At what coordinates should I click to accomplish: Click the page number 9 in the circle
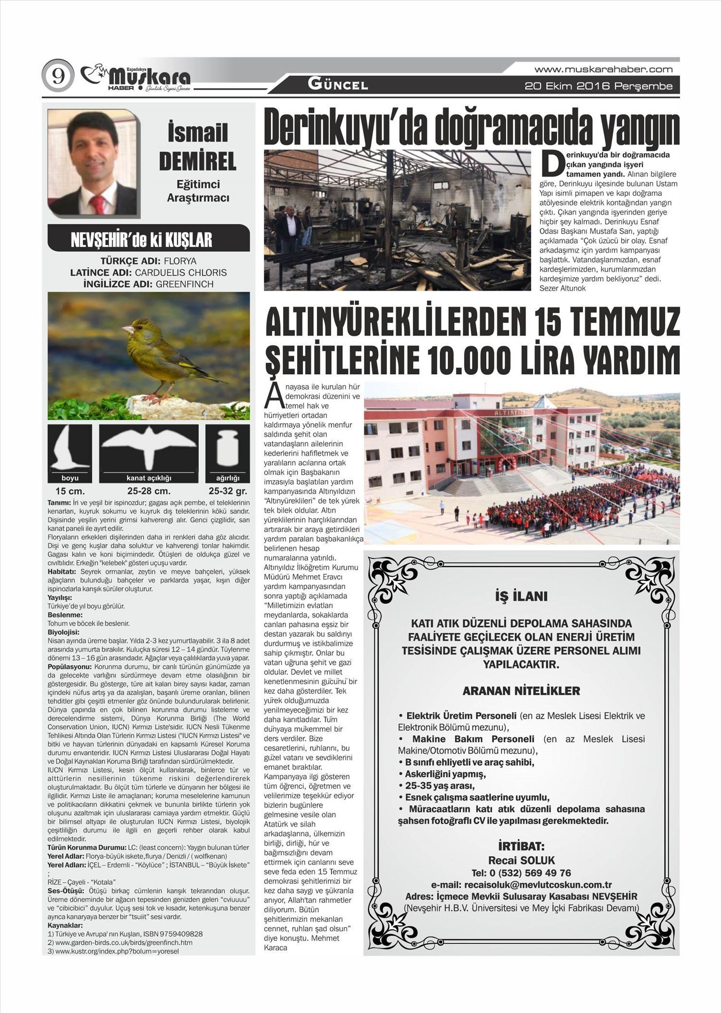pyautogui.click(x=58, y=76)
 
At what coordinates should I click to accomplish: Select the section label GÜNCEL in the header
pyautogui.click(x=338, y=85)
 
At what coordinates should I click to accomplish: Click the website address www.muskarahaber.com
pyautogui.click(x=603, y=69)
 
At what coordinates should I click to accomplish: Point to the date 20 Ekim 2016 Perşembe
pyautogui.click(x=598, y=86)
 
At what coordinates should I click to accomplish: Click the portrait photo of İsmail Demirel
pyautogui.click(x=93, y=162)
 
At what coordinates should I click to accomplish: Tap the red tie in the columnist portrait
pyautogui.click(x=98, y=204)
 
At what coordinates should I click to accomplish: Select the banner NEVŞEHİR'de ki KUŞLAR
pyautogui.click(x=148, y=239)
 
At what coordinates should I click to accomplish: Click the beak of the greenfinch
pyautogui.click(x=127, y=330)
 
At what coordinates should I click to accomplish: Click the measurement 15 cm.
pyautogui.click(x=70, y=491)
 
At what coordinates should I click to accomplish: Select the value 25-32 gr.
pyautogui.click(x=227, y=491)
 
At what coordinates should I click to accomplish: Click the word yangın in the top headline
pyautogui.click(x=639, y=127)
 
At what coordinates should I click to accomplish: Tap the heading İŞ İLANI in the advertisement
pyautogui.click(x=521, y=596)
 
